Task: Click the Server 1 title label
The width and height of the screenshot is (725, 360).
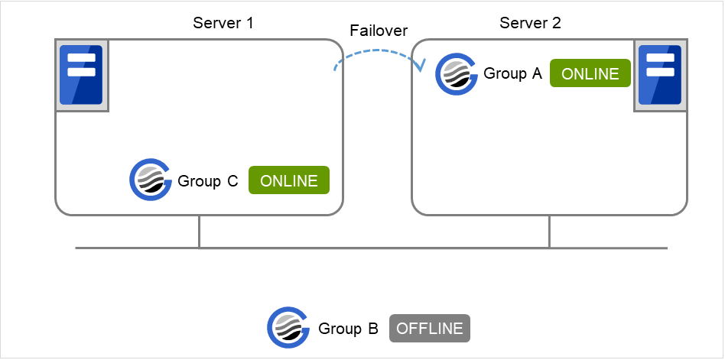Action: [x=223, y=22]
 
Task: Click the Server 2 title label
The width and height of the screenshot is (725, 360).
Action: [x=530, y=22]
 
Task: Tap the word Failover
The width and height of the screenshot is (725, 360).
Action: [x=379, y=31]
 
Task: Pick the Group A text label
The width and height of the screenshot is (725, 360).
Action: [x=512, y=73]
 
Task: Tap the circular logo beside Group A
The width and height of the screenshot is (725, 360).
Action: [x=456, y=73]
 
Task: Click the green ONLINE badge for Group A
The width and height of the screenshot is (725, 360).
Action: [x=590, y=73]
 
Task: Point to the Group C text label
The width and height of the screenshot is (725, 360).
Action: [x=208, y=181]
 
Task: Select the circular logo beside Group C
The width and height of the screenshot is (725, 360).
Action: [x=151, y=180]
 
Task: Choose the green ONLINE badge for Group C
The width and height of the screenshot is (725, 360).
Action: [x=289, y=181]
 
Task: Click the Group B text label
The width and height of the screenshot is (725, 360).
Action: [x=348, y=329]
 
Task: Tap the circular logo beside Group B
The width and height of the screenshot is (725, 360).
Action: [x=288, y=329]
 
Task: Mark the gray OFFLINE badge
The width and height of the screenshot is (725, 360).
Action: [x=430, y=329]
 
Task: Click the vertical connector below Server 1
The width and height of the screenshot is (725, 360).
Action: [x=199, y=232]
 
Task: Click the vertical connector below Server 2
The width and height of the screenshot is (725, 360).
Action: [x=549, y=232]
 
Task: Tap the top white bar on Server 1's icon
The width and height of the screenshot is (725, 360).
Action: [x=81, y=58]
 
